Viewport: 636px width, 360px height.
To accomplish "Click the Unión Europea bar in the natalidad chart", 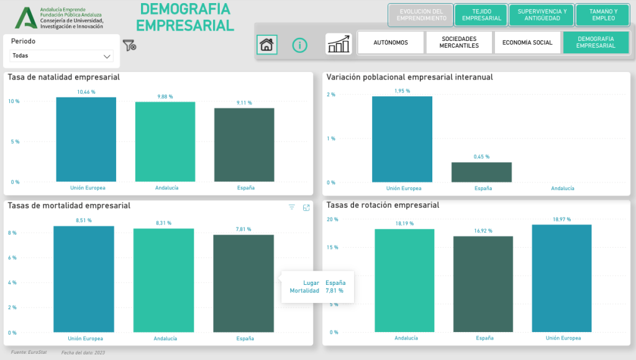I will tap(86, 140).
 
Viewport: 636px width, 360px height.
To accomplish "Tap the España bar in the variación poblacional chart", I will tap(481, 173).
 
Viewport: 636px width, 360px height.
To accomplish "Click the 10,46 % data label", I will tap(86, 92).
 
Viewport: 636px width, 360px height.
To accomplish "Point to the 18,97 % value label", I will tap(561, 219).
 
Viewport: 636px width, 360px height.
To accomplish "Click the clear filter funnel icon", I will tap(129, 45).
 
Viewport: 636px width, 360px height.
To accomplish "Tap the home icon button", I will tap(266, 45).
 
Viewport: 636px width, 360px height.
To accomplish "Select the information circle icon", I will tap(300, 45).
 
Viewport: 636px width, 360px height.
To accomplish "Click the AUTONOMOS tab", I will tap(391, 43).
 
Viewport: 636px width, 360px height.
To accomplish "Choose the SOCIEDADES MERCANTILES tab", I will tap(459, 43).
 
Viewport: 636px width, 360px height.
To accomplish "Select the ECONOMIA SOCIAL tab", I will tap(527, 43).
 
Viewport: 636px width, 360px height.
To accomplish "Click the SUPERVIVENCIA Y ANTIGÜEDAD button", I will tap(542, 15).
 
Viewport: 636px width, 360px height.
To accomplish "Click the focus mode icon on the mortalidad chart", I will tap(306, 208).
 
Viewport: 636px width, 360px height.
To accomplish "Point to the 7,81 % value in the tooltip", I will tap(335, 290).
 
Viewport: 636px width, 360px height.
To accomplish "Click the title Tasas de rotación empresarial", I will tap(383, 205).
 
